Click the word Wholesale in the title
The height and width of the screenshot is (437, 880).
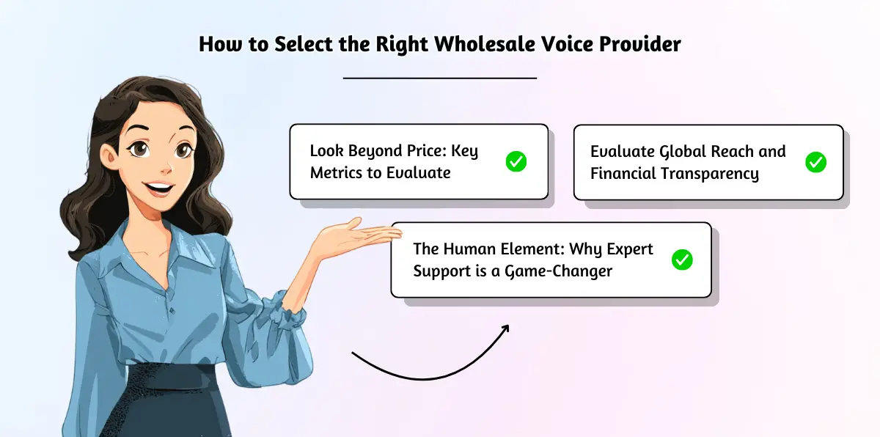pos(485,43)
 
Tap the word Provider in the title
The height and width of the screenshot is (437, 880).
pos(640,43)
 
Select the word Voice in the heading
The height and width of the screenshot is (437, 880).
pos(567,43)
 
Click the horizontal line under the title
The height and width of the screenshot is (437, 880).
pos(439,78)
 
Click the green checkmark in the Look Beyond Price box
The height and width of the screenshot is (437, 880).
pos(516,161)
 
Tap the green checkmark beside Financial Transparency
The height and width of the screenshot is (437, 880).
pos(816,162)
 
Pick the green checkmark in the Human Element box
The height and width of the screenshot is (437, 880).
pos(682,260)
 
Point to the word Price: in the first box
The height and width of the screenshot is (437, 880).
pos(427,151)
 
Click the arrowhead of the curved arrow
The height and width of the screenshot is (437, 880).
pos(505,329)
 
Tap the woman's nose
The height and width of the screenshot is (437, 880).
pos(166,167)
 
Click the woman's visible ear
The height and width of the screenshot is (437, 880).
pos(108,156)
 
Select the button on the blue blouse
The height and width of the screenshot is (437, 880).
pos(172,311)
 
